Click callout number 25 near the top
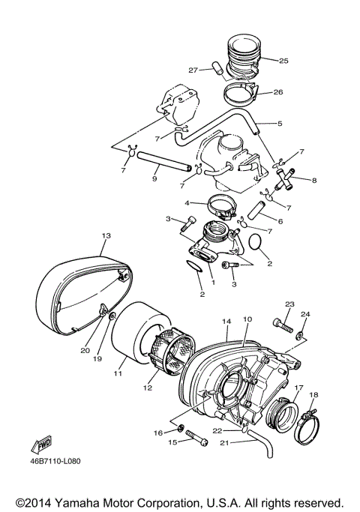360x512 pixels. coord(283,60)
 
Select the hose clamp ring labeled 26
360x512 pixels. coord(241,94)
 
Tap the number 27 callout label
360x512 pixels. coord(193,70)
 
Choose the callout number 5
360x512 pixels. coord(279,124)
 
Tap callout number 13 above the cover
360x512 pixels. coord(105,235)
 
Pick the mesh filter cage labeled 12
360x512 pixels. coord(169,358)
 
